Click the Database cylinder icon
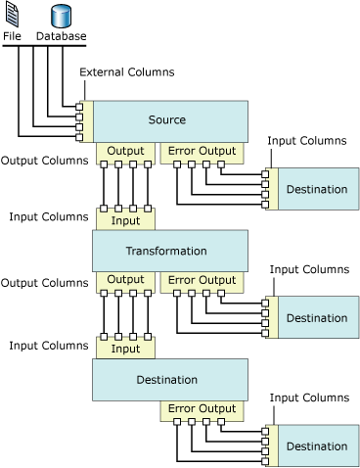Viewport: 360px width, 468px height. click(61, 15)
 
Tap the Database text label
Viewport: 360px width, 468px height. click(61, 36)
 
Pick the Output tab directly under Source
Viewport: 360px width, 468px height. click(125, 151)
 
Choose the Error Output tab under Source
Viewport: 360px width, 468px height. click(202, 151)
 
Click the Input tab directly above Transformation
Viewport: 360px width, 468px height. click(125, 220)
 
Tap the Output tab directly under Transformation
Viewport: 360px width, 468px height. click(125, 280)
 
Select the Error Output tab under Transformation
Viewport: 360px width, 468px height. click(202, 280)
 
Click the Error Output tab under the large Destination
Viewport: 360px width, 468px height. click(202, 409)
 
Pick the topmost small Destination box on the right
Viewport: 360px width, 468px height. click(316, 189)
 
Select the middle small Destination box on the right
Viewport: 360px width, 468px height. click(316, 318)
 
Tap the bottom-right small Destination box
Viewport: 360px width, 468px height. click(316, 446)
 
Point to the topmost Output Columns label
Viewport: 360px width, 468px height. click(44, 161)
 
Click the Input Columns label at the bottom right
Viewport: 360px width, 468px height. click(308, 398)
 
